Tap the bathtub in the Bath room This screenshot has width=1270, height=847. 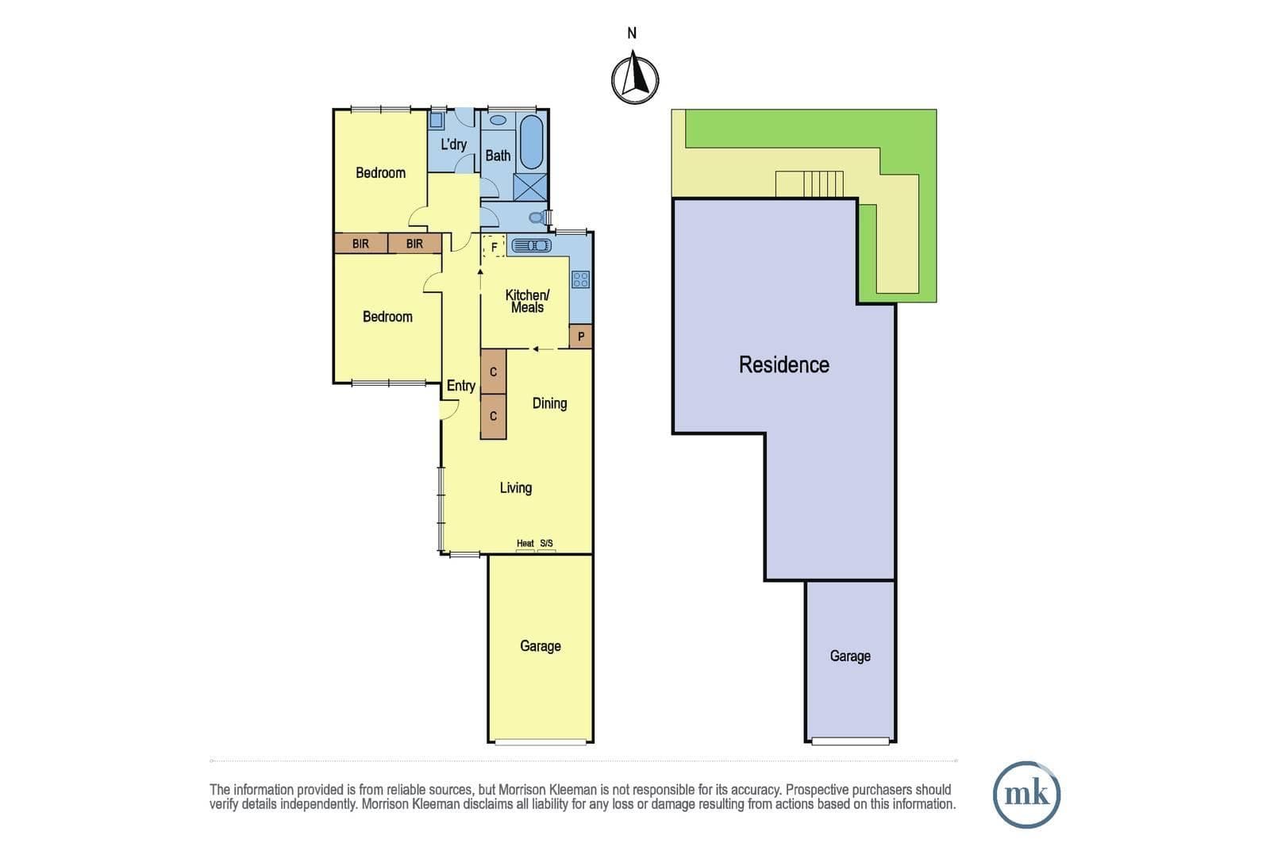[531, 142]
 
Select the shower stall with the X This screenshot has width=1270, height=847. [530, 187]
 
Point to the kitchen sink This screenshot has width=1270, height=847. [531, 245]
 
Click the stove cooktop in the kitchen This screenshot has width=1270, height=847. [580, 279]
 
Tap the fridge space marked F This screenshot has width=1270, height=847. [494, 247]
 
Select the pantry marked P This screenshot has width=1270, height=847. [580, 337]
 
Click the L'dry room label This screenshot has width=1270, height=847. [453, 144]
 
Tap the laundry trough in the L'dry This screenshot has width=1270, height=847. [436, 120]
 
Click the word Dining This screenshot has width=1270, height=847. [549, 403]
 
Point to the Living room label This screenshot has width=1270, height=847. [515, 487]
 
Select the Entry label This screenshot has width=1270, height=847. [460, 386]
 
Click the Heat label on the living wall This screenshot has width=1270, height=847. [525, 543]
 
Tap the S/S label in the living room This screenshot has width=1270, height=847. [546, 543]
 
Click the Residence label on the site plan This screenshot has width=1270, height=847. [783, 364]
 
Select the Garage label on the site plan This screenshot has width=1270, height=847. [850, 656]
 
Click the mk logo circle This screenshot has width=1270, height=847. [1026, 795]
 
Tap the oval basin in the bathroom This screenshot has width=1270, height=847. [498, 120]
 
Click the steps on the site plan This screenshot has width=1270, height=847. [822, 183]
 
